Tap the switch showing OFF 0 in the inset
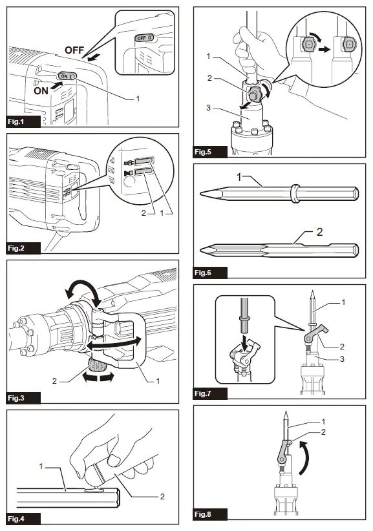click(144, 39)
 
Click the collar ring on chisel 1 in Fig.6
click(295, 192)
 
